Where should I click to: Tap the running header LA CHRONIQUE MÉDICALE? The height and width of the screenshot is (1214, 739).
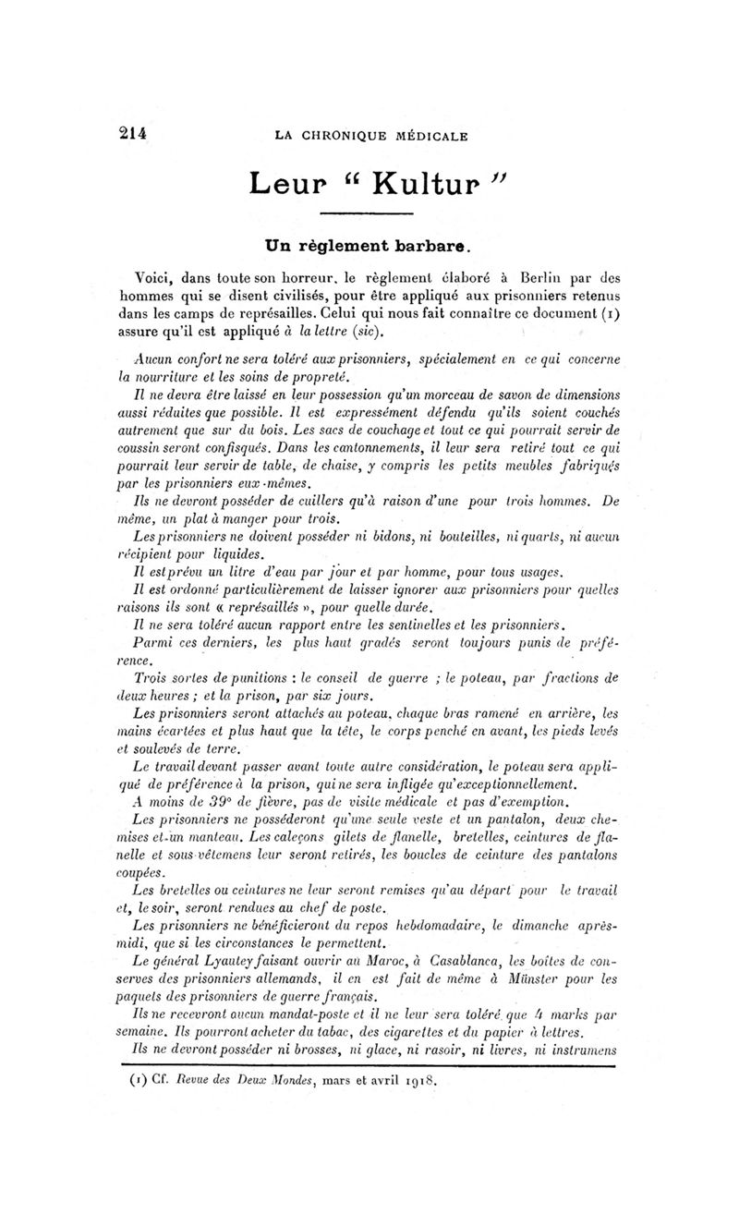point(371,136)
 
